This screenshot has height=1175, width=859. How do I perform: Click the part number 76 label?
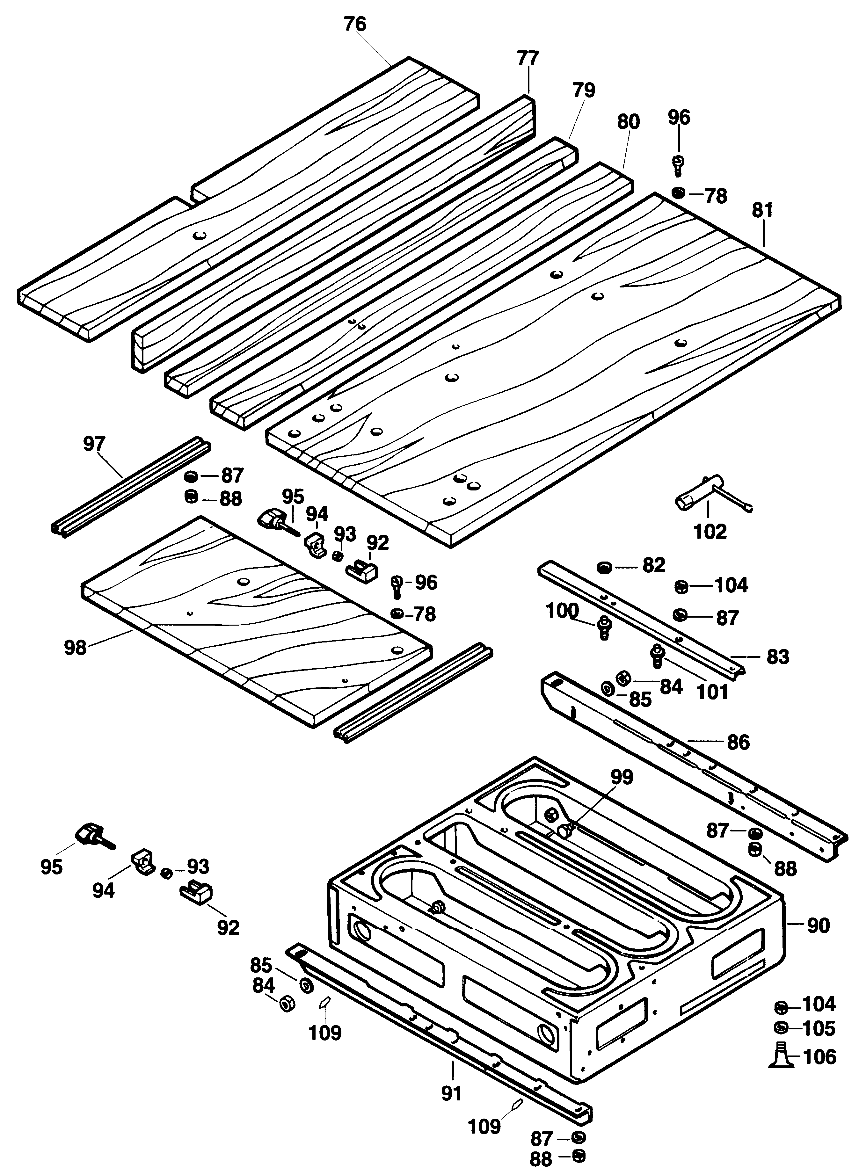click(x=355, y=25)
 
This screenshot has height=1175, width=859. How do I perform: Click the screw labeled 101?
click(x=657, y=656)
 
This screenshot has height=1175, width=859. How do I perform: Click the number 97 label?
click(x=94, y=445)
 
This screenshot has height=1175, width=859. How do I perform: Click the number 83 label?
click(x=778, y=656)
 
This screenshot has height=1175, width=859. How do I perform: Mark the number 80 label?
click(x=628, y=122)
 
